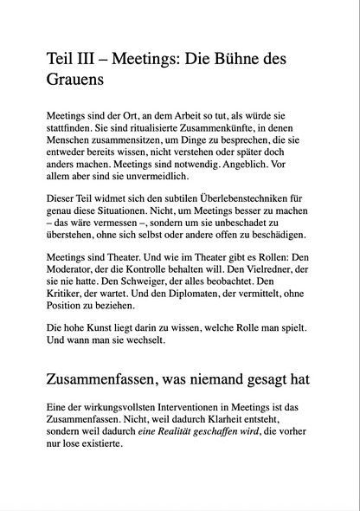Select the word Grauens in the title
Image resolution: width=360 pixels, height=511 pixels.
coord(75,83)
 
